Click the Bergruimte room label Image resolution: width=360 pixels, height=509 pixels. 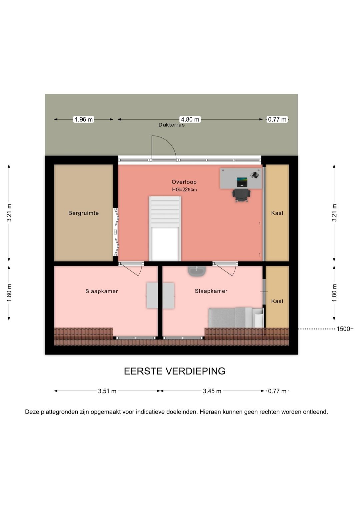point(84,213)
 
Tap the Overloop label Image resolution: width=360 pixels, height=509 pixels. point(184,182)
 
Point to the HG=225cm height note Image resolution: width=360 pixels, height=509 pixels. point(184,189)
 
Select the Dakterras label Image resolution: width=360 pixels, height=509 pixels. point(171,125)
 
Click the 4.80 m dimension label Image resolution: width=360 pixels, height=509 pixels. point(190,119)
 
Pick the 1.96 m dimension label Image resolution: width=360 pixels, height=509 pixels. point(84,119)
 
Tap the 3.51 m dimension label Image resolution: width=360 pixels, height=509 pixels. point(107,391)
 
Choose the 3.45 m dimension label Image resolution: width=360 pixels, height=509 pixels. point(212,391)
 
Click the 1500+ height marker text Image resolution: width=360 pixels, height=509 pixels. point(345,329)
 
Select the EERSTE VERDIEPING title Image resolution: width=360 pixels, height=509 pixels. point(175,371)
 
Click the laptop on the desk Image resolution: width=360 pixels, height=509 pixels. point(242,182)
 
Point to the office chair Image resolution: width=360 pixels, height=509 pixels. point(241,195)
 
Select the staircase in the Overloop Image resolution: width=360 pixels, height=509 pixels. point(165,228)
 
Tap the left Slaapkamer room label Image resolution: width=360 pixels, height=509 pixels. point(102,291)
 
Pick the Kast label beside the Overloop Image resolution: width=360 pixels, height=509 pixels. point(277,213)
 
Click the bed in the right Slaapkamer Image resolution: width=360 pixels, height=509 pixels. point(236,318)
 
